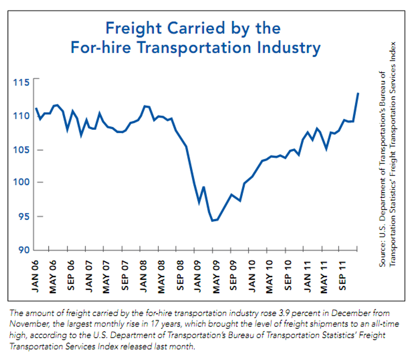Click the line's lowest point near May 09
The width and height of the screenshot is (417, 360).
click(212, 221)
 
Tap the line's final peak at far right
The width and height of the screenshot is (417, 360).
click(358, 93)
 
